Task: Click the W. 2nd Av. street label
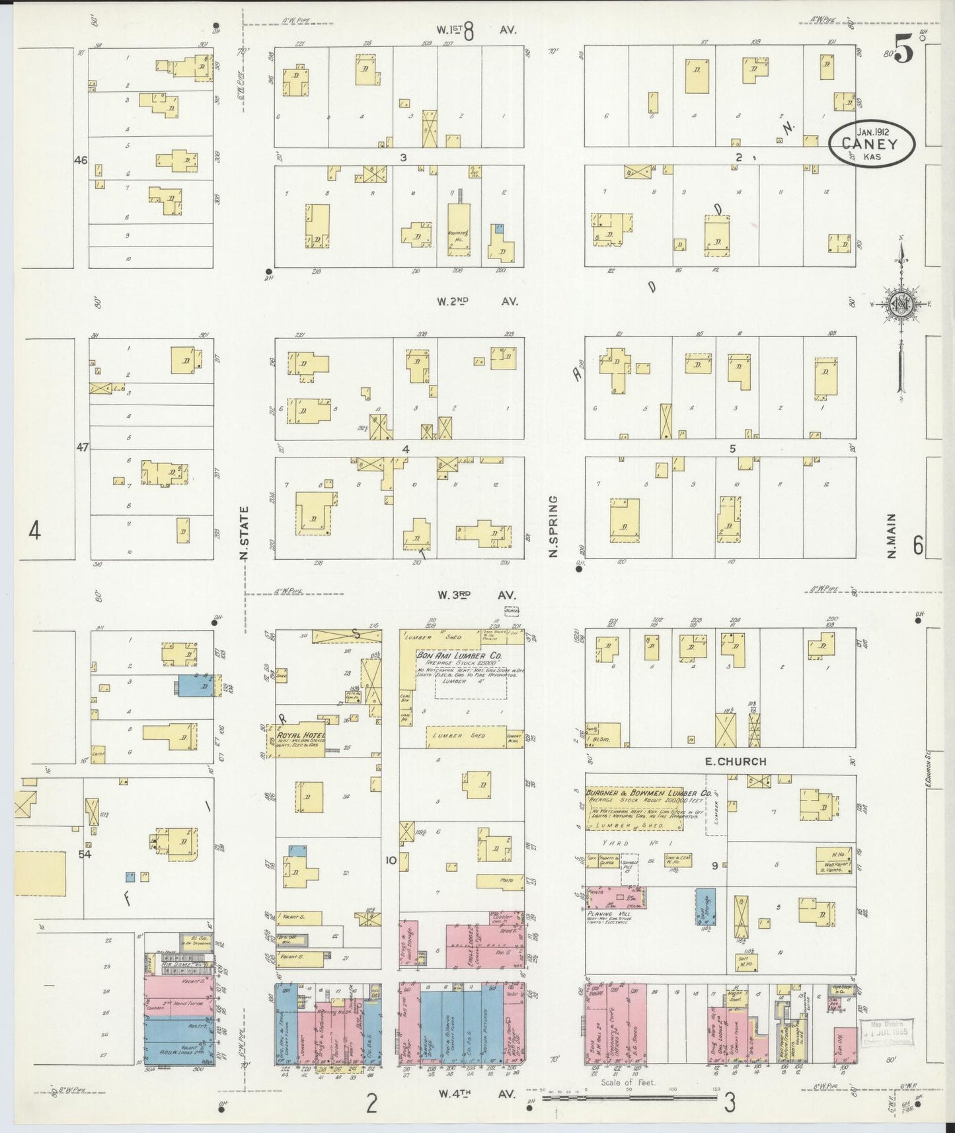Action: (477, 301)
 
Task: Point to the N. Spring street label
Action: (554, 526)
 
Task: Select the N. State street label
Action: (244, 533)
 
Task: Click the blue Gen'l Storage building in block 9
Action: (705, 908)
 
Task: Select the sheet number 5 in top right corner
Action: (903, 50)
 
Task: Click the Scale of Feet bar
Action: (629, 1098)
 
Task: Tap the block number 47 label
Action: (81, 448)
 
